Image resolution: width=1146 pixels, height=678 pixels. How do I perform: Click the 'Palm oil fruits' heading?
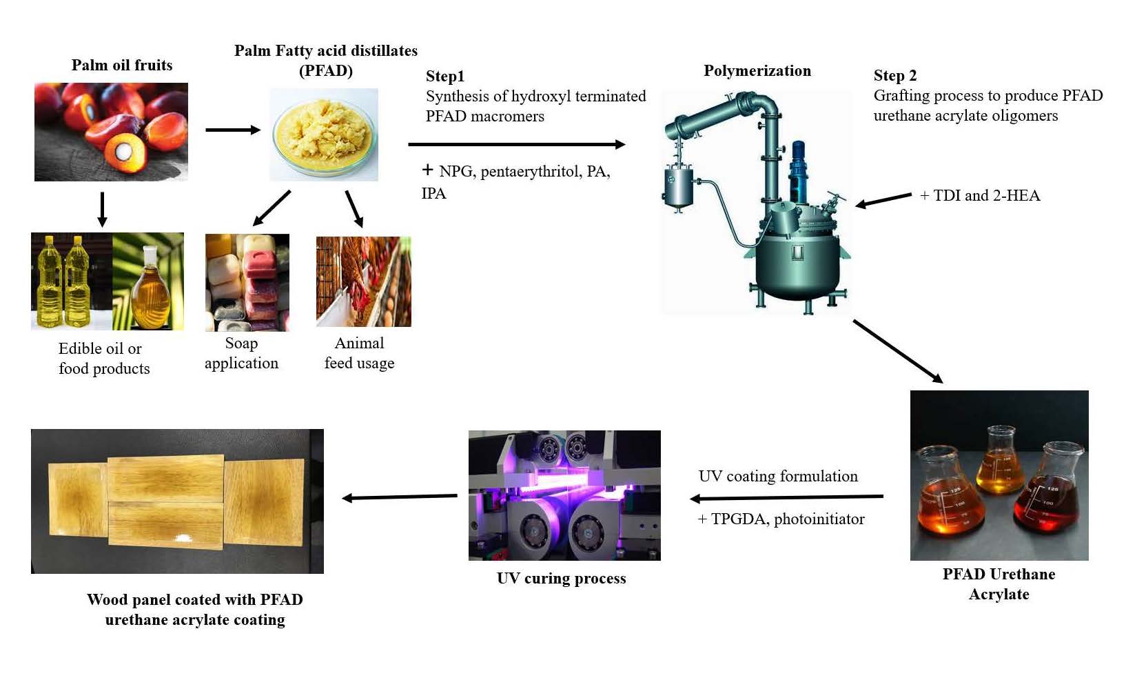[x=122, y=65]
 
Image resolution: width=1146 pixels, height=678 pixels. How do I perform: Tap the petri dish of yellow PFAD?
[x=324, y=134]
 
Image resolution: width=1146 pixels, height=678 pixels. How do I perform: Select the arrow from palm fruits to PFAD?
[x=232, y=130]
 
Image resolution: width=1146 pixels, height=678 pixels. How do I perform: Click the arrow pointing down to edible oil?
[x=102, y=209]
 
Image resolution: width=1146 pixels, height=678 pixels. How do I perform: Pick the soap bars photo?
[x=247, y=282]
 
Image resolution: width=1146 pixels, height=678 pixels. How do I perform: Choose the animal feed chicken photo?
[x=363, y=281]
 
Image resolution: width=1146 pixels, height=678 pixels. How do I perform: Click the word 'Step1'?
[x=444, y=76]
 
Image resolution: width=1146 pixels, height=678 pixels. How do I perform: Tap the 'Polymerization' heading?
[x=757, y=70]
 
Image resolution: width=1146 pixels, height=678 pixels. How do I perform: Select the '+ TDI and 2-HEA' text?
[x=979, y=195]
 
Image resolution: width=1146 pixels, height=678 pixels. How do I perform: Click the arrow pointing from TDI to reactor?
[x=883, y=200]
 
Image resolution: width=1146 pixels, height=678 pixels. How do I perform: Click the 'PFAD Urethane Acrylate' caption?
[x=999, y=584]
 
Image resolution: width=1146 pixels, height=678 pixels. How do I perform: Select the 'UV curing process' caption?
[x=561, y=578]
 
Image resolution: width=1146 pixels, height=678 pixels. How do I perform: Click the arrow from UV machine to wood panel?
[x=400, y=497]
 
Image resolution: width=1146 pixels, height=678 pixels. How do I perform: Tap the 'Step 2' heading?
[x=894, y=75]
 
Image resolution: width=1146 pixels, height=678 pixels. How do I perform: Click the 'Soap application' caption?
[x=241, y=353]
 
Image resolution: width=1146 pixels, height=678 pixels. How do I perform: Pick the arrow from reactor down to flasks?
[x=897, y=351]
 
